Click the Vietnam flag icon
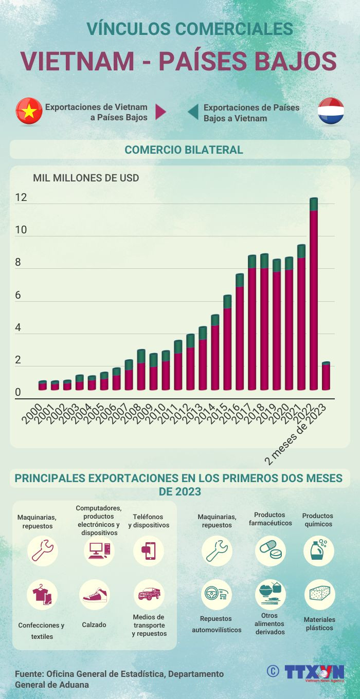[29, 111]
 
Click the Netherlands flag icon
[331, 111]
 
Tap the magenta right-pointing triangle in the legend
[160, 112]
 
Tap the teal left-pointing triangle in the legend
[193, 112]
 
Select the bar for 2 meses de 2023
[326, 376]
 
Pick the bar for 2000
[42, 385]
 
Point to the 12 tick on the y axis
[21, 198]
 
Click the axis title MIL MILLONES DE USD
[86, 178]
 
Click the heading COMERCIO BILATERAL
[184, 150]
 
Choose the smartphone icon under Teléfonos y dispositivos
[149, 550]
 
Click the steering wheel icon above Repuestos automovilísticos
[216, 595]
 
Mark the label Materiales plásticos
[319, 623]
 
